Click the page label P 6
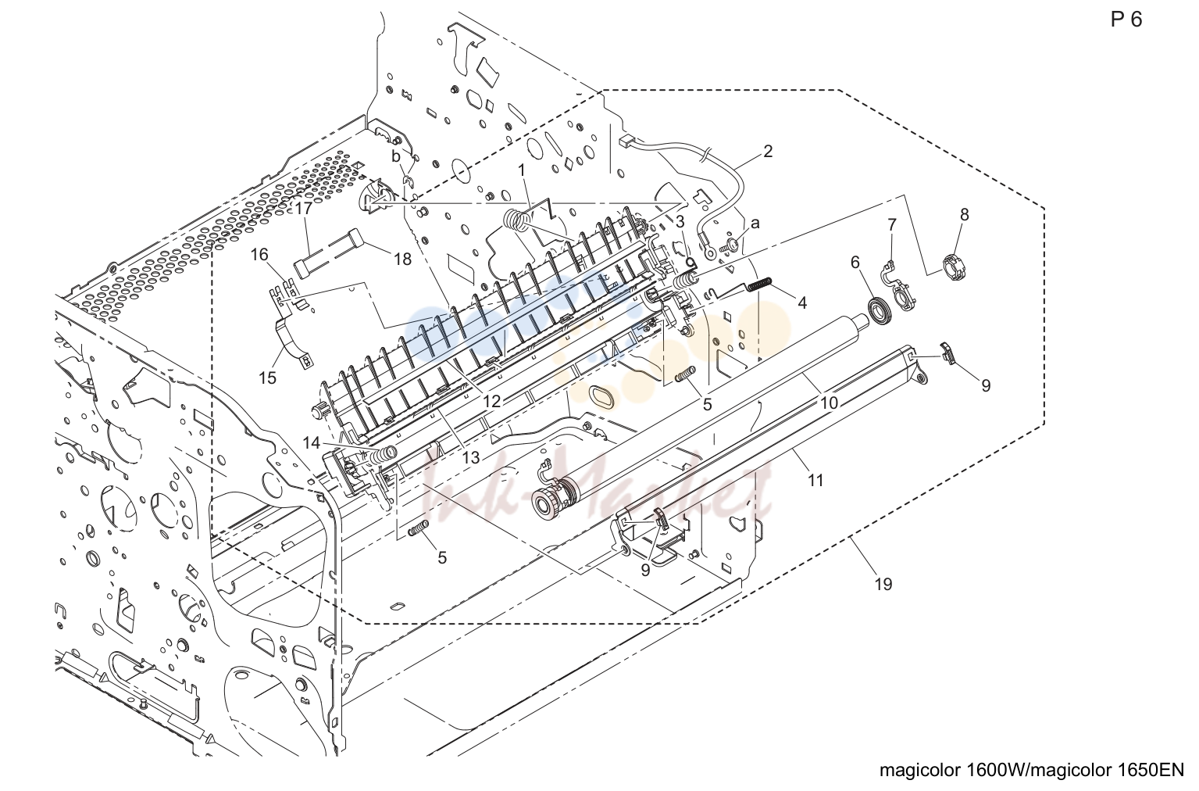click(1126, 20)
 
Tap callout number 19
click(883, 584)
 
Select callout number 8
click(964, 215)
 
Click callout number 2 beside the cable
click(768, 152)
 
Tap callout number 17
click(304, 209)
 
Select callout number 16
click(259, 254)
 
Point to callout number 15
click(267, 378)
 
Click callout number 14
click(311, 443)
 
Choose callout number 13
click(471, 457)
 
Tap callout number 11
click(815, 481)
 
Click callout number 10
click(829, 403)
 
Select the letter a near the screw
click(755, 223)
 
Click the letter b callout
click(396, 156)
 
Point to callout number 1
click(521, 171)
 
